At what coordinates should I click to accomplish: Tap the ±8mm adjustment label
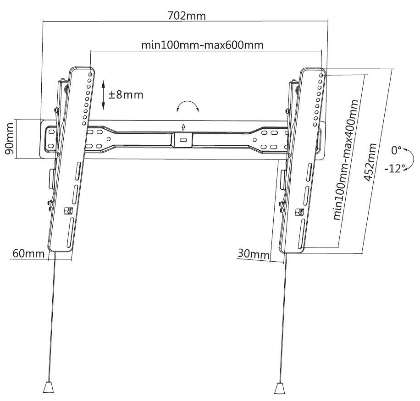[x=126, y=95]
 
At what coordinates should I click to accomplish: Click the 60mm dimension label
[x=28, y=253]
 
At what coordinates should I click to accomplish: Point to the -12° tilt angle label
[x=394, y=168]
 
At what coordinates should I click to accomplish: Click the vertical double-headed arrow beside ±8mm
[x=104, y=95]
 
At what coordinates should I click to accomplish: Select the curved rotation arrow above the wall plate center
[x=188, y=107]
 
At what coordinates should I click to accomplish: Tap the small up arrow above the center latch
[x=183, y=126]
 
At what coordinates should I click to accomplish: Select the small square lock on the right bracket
[x=300, y=212]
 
